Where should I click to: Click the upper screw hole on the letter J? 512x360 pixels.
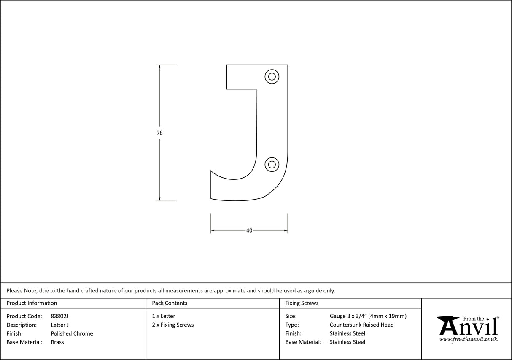pos(272,76)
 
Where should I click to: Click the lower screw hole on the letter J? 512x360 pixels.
pos(272,164)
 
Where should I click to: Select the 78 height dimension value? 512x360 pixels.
pos(159,133)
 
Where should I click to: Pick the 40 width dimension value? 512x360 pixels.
pos(249,230)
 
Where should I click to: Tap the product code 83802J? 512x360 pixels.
pos(59,316)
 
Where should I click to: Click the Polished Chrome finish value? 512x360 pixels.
pos(72,333)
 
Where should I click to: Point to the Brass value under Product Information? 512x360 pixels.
pos(57,342)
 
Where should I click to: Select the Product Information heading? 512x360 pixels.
pos(32,303)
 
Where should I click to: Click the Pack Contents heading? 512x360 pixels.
pos(170,303)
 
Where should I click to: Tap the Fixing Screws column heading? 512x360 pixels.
pos(302,303)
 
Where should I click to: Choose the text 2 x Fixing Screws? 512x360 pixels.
pos(173,325)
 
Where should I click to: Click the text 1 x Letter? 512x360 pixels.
pos(164,316)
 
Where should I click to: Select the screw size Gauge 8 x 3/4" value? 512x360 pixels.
pos(368,316)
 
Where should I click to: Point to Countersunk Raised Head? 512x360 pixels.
pos(361,325)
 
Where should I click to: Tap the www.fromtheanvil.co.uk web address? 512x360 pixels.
pos(468,339)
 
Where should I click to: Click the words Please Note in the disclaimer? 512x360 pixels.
pos(22,290)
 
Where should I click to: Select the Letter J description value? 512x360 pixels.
pos(59,325)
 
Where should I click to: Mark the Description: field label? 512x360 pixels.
pos(22,325)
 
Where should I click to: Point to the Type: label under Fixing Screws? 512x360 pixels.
pos(292,325)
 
